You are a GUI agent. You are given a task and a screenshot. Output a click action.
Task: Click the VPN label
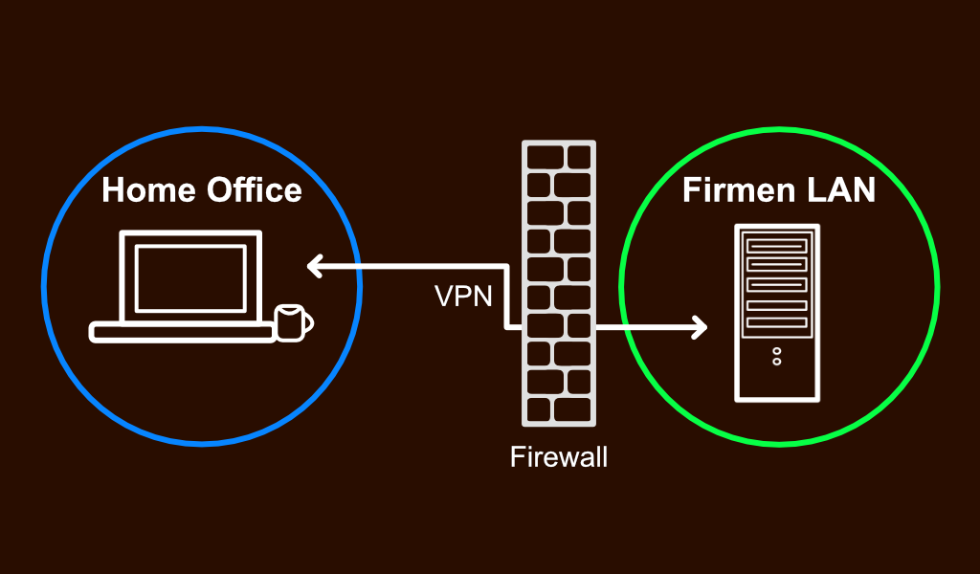463,297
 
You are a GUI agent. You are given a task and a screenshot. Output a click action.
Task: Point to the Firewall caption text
559,456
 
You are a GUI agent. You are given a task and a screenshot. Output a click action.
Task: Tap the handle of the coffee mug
308,321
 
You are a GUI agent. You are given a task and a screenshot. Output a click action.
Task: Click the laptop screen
190,276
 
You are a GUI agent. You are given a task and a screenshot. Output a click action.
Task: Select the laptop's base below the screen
182,332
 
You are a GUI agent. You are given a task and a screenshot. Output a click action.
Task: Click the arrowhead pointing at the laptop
314,266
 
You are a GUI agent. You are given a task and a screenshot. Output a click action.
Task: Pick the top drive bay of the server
776,246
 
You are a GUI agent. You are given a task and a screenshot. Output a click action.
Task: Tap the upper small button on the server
776,351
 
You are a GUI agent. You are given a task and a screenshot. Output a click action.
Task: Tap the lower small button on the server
776,362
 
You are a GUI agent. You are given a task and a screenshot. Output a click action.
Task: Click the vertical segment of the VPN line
506,297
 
